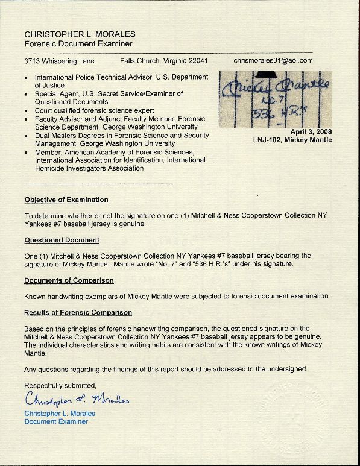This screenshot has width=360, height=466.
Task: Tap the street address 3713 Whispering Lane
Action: click(59, 61)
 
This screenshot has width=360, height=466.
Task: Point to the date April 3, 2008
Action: click(311, 131)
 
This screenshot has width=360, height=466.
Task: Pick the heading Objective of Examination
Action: click(66, 200)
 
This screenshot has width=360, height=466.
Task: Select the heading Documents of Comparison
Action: click(69, 280)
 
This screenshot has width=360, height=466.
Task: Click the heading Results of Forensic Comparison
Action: click(78, 313)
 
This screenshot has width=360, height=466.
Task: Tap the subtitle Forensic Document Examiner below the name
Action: click(78, 44)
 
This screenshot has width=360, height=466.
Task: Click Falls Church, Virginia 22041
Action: click(163, 61)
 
